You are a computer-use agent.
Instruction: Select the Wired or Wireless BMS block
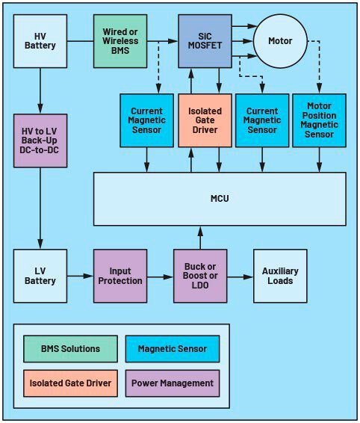click(120, 40)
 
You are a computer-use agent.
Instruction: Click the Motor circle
click(281, 40)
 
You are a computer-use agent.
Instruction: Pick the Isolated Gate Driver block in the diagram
click(204, 120)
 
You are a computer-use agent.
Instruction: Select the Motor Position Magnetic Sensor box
click(319, 120)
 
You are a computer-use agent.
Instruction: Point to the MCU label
click(220, 199)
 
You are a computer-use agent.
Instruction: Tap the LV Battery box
click(40, 276)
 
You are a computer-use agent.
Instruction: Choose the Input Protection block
click(120, 276)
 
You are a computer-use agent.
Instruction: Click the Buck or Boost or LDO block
click(200, 276)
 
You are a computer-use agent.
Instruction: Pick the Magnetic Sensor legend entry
click(172, 349)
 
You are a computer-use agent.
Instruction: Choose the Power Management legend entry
click(172, 383)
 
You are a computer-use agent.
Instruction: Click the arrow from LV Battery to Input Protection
click(80, 277)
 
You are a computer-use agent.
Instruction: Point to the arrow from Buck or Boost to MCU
click(200, 238)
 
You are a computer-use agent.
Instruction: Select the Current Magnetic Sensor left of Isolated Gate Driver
click(146, 120)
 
